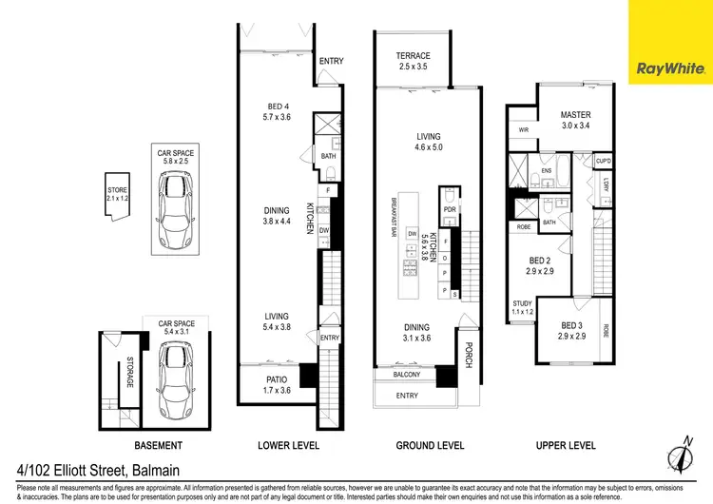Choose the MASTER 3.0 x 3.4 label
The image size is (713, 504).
click(x=575, y=120)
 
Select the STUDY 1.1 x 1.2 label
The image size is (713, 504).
click(x=524, y=308)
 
